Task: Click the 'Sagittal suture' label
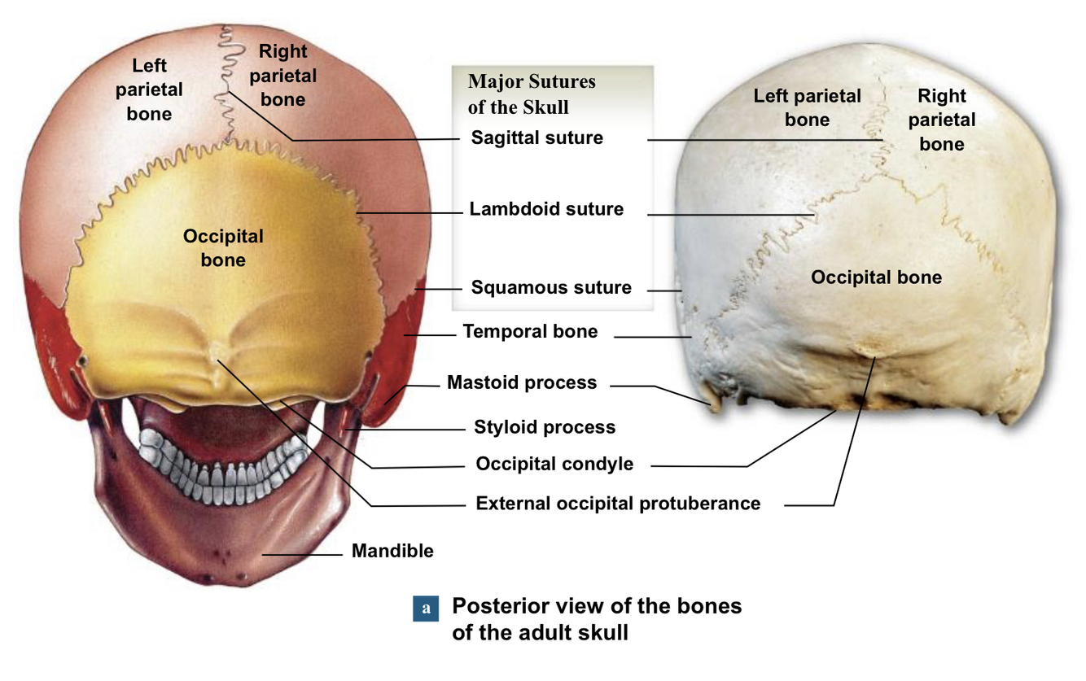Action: [x=536, y=138]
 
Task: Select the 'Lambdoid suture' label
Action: [x=546, y=209]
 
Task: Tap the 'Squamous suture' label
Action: [x=551, y=287]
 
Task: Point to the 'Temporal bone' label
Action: [x=530, y=331]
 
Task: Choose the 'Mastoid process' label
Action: [x=522, y=382]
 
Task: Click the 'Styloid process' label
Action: [x=545, y=427]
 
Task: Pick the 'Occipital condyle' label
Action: [x=554, y=465]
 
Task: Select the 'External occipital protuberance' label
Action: [x=618, y=504]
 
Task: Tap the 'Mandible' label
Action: [x=392, y=551]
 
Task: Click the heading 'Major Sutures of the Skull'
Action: [x=532, y=94]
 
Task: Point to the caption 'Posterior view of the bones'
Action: [x=597, y=606]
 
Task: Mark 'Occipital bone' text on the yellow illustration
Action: [x=223, y=247]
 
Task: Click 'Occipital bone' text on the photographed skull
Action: [x=876, y=277]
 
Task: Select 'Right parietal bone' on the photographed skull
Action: [x=942, y=120]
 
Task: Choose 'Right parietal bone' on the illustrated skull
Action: [x=282, y=75]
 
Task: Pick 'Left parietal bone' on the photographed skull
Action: [x=807, y=107]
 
